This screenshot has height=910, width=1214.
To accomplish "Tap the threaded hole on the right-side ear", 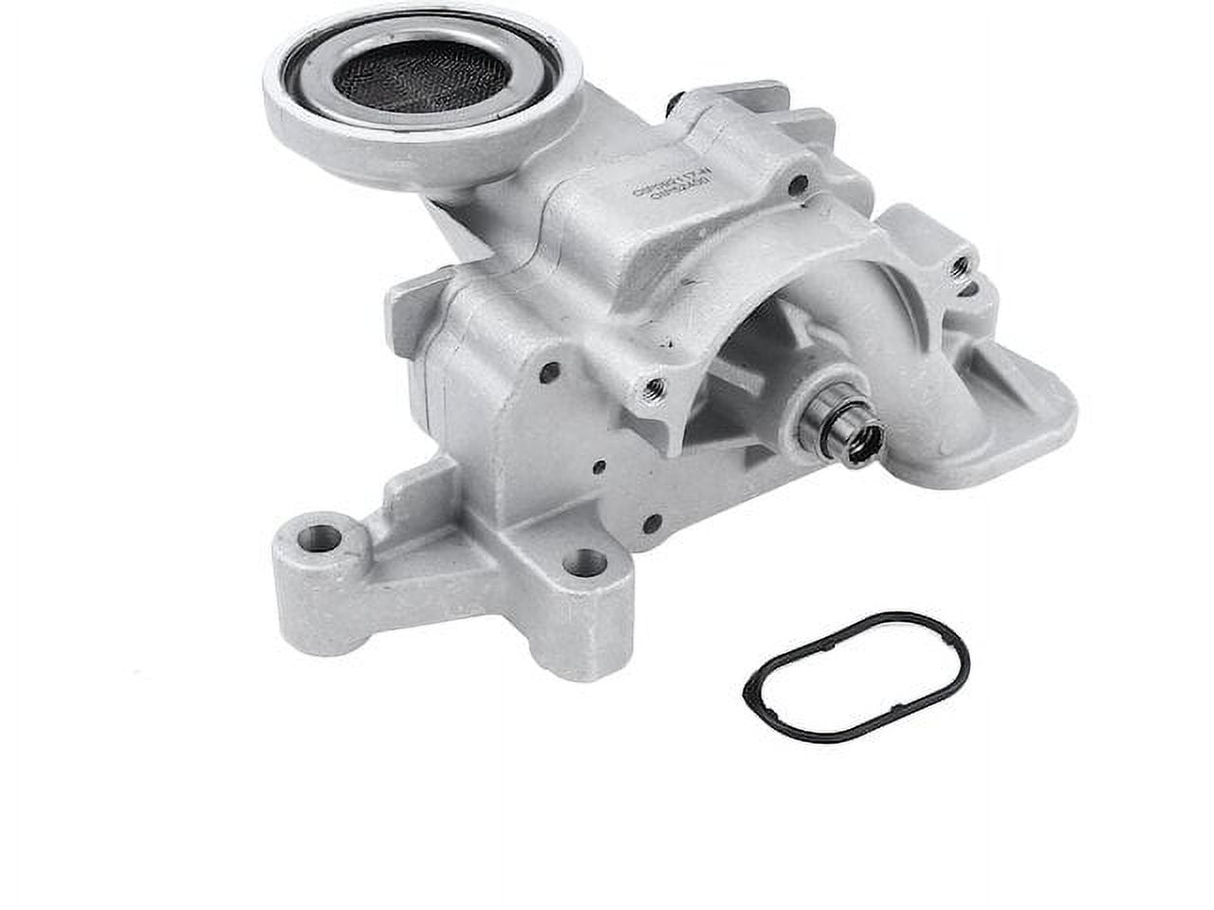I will (961, 266).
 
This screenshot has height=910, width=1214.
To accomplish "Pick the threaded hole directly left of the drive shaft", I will (652, 386).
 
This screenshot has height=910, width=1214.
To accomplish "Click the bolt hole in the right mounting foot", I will (585, 563).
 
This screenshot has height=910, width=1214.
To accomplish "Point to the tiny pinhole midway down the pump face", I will (599, 465).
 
